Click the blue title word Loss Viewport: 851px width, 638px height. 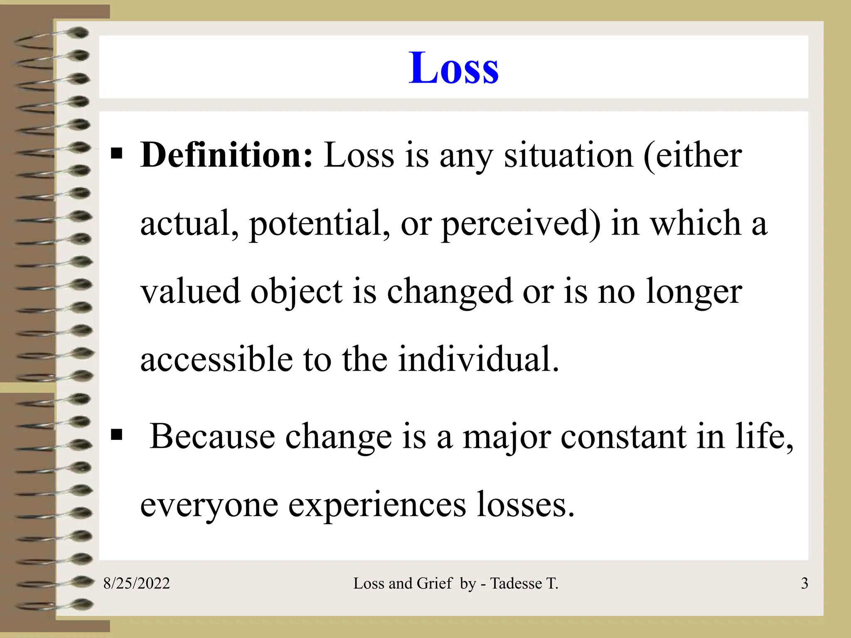tap(453, 68)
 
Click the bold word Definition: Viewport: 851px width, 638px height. tap(226, 155)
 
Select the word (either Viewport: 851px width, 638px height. tap(692, 155)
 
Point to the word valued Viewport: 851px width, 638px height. tap(191, 291)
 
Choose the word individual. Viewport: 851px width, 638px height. tap(478, 359)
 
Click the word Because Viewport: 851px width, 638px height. tap(212, 437)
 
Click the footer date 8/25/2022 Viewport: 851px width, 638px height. tap(136, 584)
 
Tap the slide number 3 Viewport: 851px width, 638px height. tap(804, 584)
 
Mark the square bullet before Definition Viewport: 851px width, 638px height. tap(117, 154)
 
